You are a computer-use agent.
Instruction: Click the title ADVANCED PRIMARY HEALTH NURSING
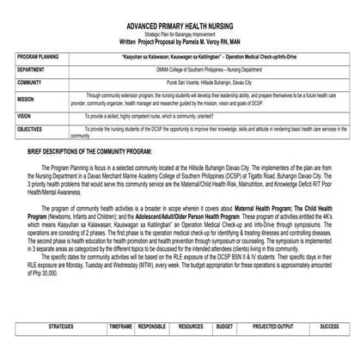[x=180, y=27]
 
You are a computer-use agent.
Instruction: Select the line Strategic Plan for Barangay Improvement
[x=180, y=34]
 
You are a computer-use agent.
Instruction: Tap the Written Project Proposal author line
[x=180, y=40]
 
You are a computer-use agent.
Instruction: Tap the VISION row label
[x=23, y=115]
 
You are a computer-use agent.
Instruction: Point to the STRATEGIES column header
[x=61, y=327]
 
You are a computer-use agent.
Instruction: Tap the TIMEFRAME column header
[x=120, y=327]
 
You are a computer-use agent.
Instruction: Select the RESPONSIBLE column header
[x=151, y=327]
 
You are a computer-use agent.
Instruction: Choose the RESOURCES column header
[x=191, y=327]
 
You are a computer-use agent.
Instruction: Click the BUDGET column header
[x=224, y=327]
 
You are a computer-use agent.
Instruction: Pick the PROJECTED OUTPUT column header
[x=272, y=327]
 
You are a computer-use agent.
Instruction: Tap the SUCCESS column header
[x=329, y=327]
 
